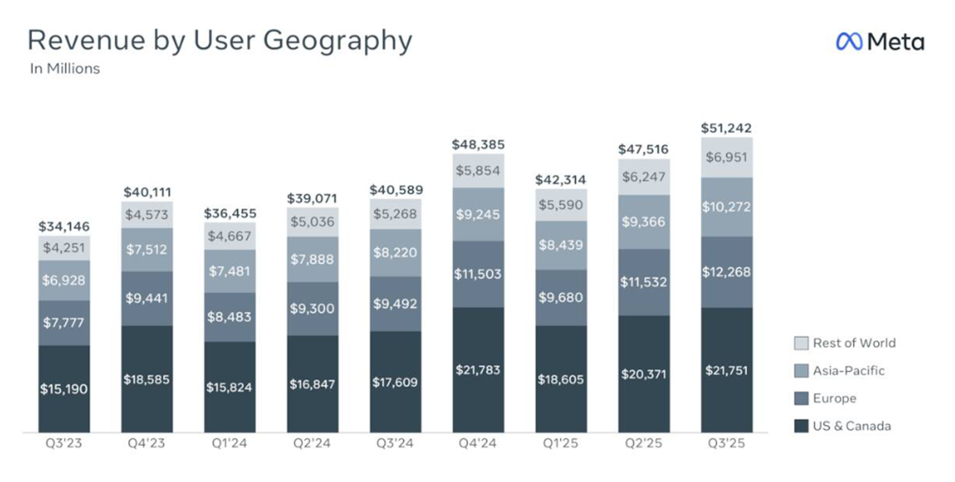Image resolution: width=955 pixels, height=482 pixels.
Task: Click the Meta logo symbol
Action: [x=849, y=42]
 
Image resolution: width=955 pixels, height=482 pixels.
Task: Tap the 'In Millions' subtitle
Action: [x=64, y=69]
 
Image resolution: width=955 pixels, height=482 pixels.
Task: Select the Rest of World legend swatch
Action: [x=801, y=343]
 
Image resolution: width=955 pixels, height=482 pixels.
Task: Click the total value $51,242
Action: [x=726, y=128]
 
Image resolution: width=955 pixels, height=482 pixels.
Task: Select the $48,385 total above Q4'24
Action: [x=479, y=146]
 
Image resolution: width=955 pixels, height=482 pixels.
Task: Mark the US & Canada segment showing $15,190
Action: [x=64, y=389]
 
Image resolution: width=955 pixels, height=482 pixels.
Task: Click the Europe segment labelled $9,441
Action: [x=148, y=298]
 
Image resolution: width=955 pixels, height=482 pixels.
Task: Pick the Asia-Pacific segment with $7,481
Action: [x=231, y=271]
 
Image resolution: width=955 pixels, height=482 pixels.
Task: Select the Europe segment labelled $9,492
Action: [x=396, y=304]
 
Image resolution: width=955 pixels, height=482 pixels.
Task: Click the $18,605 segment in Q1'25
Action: [x=561, y=379]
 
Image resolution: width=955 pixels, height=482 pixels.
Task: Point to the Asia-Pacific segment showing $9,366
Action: [x=644, y=222]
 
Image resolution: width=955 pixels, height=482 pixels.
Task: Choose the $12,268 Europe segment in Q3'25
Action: [x=726, y=272]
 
